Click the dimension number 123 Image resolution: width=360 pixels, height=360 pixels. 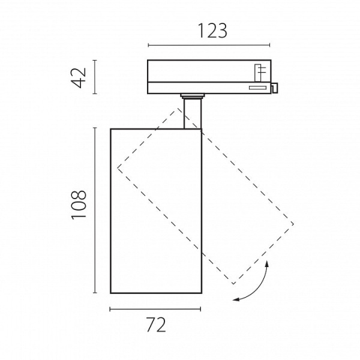[212, 31]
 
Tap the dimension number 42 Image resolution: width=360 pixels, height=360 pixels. [79, 77]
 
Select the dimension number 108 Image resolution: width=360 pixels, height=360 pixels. [79, 205]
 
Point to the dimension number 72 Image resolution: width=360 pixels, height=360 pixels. [156, 325]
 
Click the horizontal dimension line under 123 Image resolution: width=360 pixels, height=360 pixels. [209, 45]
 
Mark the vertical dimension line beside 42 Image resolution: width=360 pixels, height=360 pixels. [95, 77]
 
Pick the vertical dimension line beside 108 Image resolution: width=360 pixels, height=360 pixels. [95, 211]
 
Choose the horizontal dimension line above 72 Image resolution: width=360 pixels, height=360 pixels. [155, 309]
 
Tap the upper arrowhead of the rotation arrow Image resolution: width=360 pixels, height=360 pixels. [267, 263]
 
